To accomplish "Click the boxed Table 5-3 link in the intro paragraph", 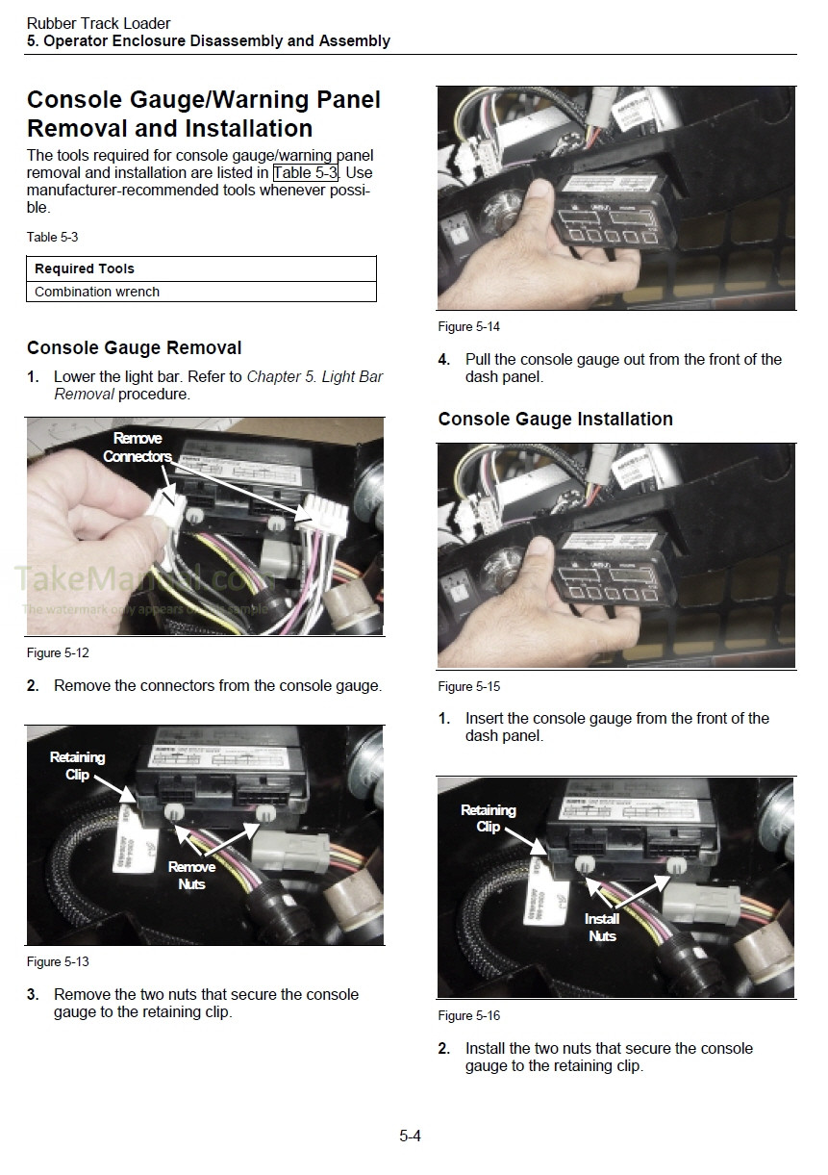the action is (306, 172).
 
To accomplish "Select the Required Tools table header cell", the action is (201, 268).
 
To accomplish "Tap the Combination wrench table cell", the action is (201, 292).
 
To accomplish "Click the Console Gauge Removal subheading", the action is (135, 347).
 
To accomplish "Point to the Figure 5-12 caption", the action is (58, 653).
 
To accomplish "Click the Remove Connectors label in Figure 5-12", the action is (138, 447).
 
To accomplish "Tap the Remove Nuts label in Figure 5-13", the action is (191, 876).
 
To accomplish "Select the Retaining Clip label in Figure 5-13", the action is (78, 766).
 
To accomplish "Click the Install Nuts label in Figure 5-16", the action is (602, 928).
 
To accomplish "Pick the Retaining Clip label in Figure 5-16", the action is (489, 818).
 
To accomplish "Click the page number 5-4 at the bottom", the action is (411, 1136).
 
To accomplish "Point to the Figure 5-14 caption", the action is (469, 327).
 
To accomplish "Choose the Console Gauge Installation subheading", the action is (556, 420).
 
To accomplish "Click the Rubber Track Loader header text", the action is (98, 24).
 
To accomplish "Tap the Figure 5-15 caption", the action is (469, 687).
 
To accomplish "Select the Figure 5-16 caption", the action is (469, 1016).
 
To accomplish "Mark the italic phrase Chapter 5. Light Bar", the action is (315, 376).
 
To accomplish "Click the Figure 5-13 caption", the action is (58, 962).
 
